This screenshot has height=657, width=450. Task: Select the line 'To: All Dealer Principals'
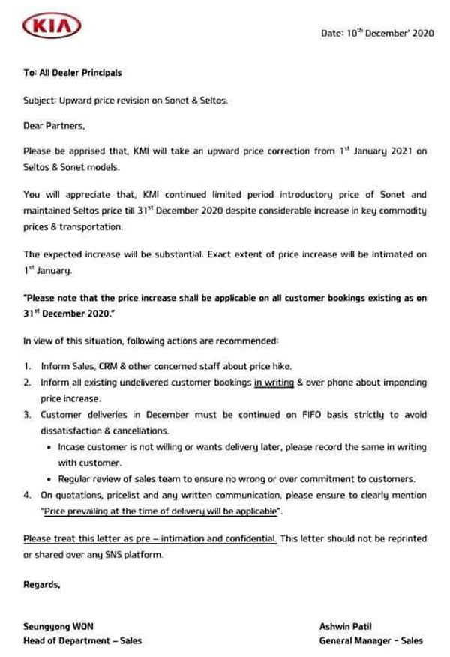[x=72, y=73]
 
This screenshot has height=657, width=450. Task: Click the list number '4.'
[x=27, y=496]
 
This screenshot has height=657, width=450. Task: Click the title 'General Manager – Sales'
[x=370, y=641]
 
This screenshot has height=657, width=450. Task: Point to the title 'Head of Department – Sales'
[x=82, y=641]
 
